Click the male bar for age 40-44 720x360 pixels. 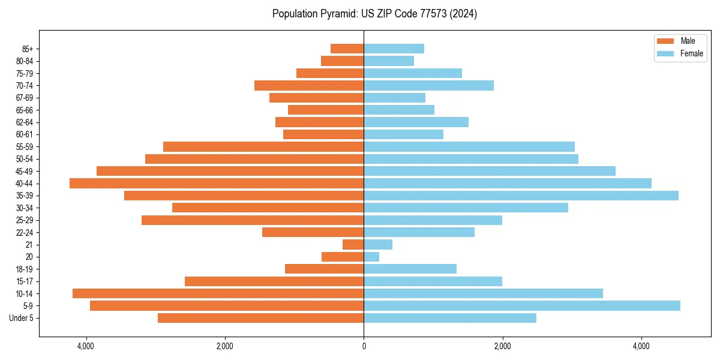(x=217, y=183)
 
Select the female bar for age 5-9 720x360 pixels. (x=522, y=305)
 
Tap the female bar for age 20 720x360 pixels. (x=371, y=257)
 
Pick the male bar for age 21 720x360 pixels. (x=353, y=244)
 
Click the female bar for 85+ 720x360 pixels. (x=394, y=49)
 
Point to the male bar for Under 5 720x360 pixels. (x=261, y=318)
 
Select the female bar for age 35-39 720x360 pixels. (x=521, y=196)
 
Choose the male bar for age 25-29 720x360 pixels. (x=253, y=220)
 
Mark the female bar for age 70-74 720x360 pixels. (x=428, y=85)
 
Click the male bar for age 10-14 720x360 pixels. (x=218, y=293)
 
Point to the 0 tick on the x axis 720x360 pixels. (x=364, y=346)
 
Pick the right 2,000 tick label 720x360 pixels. (x=502, y=346)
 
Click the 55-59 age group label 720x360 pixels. (x=25, y=146)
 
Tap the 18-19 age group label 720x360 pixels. (x=25, y=269)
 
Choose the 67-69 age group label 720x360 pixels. (x=25, y=98)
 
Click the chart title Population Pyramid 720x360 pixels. (x=374, y=14)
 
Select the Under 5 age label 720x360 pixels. (x=22, y=318)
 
